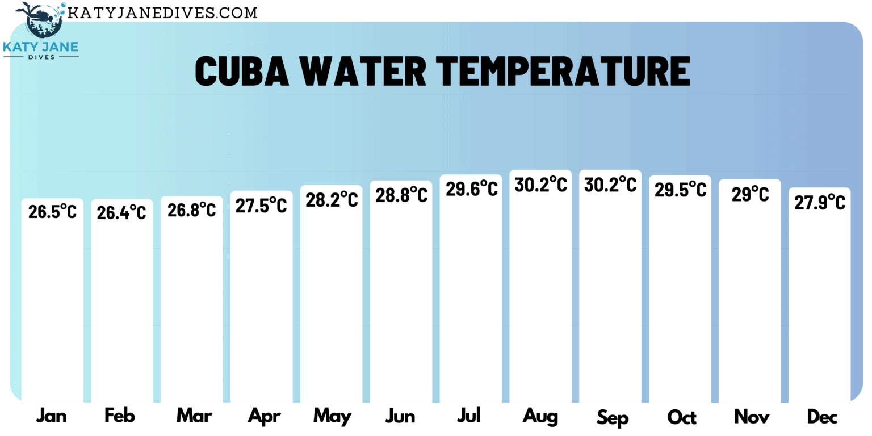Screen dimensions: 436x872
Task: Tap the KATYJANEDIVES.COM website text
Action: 162,12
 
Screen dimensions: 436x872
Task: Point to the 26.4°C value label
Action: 121,212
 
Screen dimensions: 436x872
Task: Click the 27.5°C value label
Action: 261,205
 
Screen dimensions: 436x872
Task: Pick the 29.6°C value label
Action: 471,188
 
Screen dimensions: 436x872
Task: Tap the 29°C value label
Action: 750,195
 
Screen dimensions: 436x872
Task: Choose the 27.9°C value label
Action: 819,202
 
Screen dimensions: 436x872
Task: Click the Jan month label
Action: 52,416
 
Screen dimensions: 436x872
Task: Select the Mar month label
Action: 194,416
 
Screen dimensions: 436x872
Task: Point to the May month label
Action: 332,417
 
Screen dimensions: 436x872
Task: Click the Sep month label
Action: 613,418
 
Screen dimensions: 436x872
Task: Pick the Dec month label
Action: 822,417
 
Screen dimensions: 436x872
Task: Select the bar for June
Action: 401,301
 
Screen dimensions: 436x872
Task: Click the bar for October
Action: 680,301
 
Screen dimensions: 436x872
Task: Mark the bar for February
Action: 121,307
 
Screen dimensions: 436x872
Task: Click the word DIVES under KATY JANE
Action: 40,57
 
